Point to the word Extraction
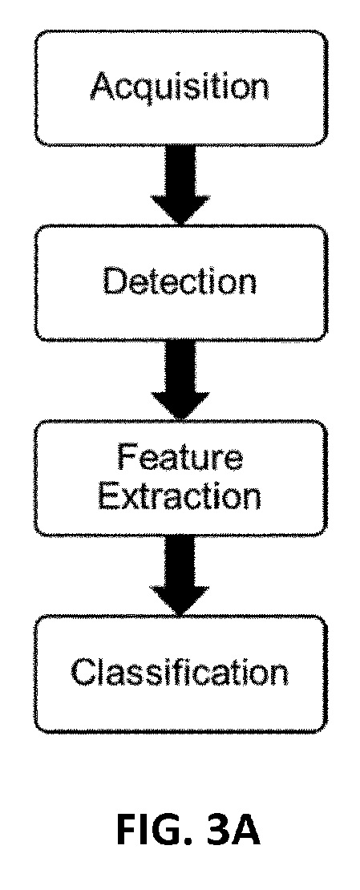tap(180, 496)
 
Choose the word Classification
tap(180, 673)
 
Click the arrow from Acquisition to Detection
tap(180, 184)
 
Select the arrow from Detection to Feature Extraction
tap(180, 380)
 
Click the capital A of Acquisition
tap(104, 86)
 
